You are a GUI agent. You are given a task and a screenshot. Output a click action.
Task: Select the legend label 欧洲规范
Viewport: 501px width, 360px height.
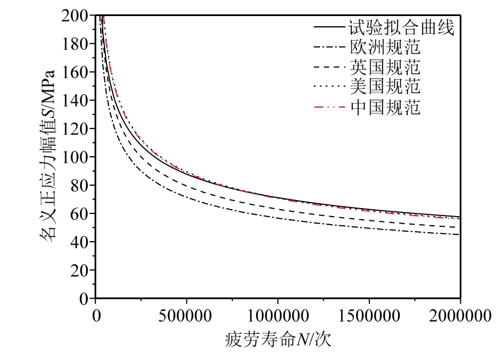pyautogui.click(x=385, y=48)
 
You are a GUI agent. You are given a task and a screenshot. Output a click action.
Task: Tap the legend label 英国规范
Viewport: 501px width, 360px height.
pyautogui.click(x=385, y=67)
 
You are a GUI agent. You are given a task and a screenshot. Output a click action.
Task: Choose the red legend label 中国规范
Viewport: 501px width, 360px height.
pyautogui.click(x=385, y=107)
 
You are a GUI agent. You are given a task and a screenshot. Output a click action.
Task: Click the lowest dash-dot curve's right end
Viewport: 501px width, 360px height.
pyautogui.click(x=459, y=234)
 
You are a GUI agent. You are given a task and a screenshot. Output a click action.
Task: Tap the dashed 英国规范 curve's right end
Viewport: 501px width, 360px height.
pyautogui.click(x=459, y=227)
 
